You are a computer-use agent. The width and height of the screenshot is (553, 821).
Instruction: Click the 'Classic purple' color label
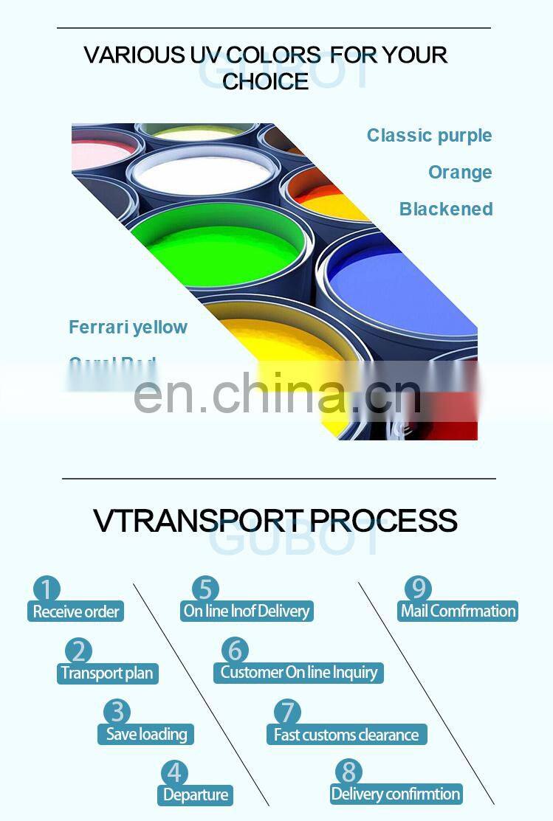[429, 136]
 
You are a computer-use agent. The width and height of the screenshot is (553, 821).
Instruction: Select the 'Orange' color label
[460, 173]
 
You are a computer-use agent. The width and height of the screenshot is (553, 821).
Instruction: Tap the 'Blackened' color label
[446, 209]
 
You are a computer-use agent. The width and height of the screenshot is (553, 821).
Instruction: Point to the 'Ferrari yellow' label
[128, 328]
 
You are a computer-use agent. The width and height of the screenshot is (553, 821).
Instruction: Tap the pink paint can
[100, 155]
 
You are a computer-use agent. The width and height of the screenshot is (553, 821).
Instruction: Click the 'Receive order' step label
[75, 612]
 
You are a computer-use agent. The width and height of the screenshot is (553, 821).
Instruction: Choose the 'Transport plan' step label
[107, 673]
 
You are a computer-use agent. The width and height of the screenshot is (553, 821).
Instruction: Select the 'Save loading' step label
[146, 734]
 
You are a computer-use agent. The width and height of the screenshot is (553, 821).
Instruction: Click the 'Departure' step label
[195, 794]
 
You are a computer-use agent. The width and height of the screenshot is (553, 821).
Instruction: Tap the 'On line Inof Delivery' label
[247, 611]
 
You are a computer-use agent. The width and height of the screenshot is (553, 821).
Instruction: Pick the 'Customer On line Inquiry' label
[298, 672]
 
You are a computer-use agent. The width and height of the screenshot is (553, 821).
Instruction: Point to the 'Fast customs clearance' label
[346, 735]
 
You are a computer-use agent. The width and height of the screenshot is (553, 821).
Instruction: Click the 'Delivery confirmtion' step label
[396, 794]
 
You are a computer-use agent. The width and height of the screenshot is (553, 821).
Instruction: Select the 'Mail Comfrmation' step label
[458, 611]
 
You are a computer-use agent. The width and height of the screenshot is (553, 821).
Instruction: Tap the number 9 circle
[418, 589]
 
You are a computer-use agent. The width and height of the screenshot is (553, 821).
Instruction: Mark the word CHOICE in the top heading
[266, 82]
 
